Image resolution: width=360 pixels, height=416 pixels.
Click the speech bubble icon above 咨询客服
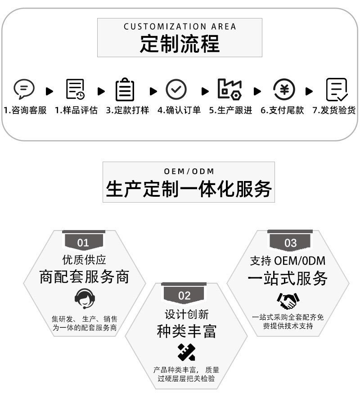[x=24, y=89]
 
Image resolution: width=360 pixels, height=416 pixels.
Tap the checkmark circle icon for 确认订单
[x=176, y=89]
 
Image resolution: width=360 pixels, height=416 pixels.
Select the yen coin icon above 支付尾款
[x=284, y=89]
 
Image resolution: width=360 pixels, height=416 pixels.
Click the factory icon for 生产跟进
[x=229, y=89]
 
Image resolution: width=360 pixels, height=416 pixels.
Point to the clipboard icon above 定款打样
[x=125, y=89]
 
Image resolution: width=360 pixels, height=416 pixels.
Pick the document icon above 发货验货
[x=337, y=89]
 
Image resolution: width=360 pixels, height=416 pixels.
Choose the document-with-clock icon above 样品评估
[x=75, y=89]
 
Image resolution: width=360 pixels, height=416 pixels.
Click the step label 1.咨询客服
[x=25, y=110]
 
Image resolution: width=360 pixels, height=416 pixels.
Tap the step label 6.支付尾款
[x=282, y=110]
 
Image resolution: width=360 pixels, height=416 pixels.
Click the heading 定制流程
[x=180, y=44]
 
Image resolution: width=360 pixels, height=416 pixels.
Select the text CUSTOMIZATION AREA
[x=180, y=27]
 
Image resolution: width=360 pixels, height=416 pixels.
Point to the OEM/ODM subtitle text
[x=189, y=171]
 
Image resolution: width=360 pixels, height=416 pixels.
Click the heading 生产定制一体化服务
[x=189, y=189]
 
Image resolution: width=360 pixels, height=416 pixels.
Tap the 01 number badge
[x=83, y=243]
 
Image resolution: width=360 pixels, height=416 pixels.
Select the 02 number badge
[x=184, y=295]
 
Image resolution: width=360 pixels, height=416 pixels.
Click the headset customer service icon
[x=84, y=298]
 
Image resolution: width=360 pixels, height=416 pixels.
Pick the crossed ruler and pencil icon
[x=186, y=352]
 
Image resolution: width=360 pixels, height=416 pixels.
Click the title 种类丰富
[x=186, y=331]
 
